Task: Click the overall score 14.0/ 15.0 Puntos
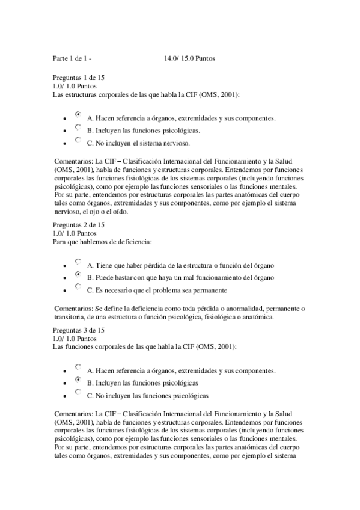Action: (x=189, y=58)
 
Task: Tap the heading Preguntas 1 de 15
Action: (x=79, y=78)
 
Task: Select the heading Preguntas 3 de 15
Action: (x=79, y=331)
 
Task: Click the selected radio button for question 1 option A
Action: (x=78, y=114)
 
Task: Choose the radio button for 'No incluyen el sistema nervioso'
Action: (x=78, y=140)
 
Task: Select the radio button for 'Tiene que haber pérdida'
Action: (x=78, y=261)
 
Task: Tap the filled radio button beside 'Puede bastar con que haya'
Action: (x=78, y=274)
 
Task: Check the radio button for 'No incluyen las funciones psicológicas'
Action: (x=78, y=392)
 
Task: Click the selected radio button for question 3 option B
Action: (x=78, y=379)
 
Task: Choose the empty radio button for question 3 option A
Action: (x=78, y=366)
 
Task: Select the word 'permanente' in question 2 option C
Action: (x=210, y=290)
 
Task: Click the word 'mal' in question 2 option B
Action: (x=169, y=277)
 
